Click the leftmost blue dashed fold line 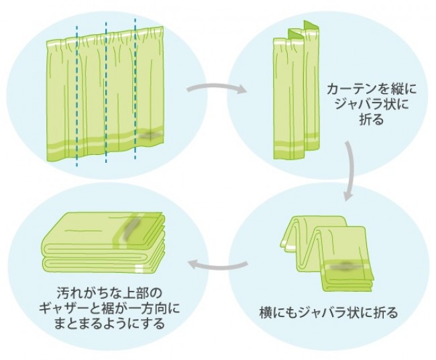pos(76,94)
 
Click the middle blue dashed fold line pos(106,94)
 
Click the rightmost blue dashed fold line pos(135,94)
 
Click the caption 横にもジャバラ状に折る pos(329,312)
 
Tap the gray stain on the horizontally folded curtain pos(345,264)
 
